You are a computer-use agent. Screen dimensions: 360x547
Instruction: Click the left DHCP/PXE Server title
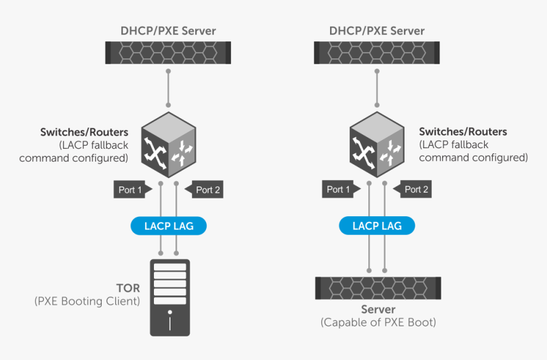(x=168, y=31)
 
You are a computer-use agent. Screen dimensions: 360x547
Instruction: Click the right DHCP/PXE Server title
(x=377, y=31)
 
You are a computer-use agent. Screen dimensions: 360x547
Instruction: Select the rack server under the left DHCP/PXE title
(x=168, y=52)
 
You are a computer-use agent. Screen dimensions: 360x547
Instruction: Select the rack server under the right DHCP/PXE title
(x=377, y=52)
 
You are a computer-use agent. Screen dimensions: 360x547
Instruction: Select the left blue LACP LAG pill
(x=169, y=226)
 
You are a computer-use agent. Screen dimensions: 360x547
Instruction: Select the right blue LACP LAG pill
(x=377, y=226)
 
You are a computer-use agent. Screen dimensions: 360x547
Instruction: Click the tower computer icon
(x=169, y=297)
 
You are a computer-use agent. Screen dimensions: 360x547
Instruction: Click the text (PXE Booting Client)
(x=87, y=301)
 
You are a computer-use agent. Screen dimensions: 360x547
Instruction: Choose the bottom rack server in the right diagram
(x=378, y=287)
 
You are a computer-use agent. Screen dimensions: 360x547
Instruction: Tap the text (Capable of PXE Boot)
(x=378, y=322)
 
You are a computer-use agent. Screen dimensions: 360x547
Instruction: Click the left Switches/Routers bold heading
(x=85, y=132)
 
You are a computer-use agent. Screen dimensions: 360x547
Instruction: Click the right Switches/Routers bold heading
(x=462, y=132)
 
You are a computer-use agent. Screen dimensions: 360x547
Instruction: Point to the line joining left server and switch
(x=168, y=86)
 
